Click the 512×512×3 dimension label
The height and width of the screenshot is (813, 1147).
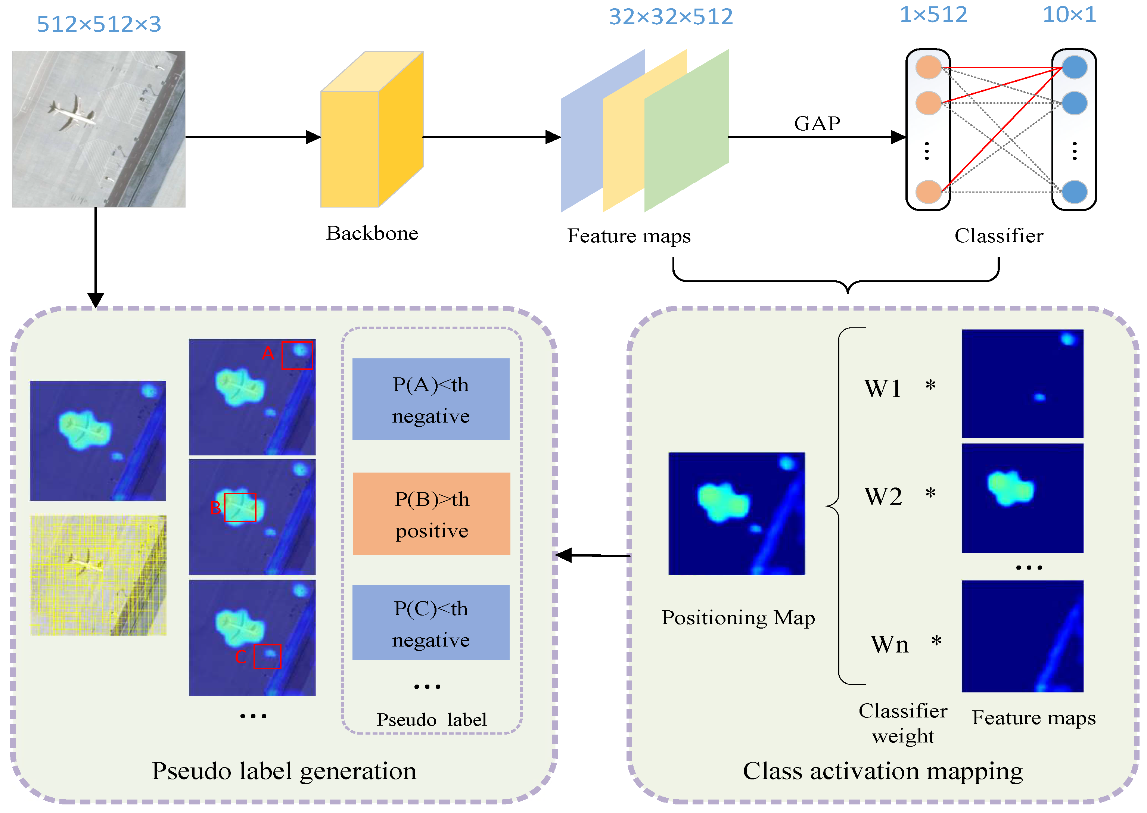pos(99,24)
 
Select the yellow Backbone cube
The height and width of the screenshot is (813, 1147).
pos(372,130)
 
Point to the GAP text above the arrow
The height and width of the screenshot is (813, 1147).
pos(817,123)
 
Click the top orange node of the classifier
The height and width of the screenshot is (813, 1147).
pos(928,68)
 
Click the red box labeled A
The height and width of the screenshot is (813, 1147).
pos(297,355)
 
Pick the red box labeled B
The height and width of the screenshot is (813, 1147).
pos(240,507)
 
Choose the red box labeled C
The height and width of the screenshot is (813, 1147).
pos(267,657)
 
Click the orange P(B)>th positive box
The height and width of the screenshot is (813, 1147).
pos(432,514)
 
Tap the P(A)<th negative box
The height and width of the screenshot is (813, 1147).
pos(430,399)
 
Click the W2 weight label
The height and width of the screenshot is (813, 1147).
pos(883,496)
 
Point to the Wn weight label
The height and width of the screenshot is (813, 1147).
pos(889,644)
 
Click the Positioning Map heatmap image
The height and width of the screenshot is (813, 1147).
pos(736,514)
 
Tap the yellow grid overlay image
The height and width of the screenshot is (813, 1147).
pos(98,575)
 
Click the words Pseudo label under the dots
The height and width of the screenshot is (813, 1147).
pos(431,719)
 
